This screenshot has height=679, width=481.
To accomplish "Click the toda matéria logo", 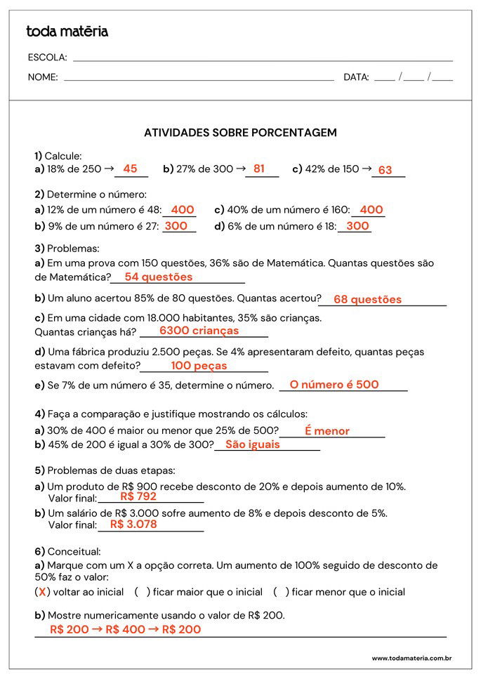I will [67, 32].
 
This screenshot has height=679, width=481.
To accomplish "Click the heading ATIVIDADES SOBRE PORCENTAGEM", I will [240, 132].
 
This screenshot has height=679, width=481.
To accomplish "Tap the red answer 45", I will [130, 169].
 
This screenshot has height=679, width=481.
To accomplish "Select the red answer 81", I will [259, 169].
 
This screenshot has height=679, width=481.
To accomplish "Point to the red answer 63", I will [385, 170].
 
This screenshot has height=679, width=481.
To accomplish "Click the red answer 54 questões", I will [158, 277].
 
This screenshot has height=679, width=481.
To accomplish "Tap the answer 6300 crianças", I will [199, 330].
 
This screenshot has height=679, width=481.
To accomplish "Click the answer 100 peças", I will [199, 366].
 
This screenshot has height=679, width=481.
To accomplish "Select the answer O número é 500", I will [334, 385].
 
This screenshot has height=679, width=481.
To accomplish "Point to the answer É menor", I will [327, 431].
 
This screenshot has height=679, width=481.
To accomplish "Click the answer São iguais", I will [252, 444].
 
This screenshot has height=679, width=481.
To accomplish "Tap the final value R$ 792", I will [138, 496].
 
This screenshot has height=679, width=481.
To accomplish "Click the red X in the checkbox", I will [42, 592].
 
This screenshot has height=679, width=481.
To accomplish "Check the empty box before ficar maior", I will [143, 592].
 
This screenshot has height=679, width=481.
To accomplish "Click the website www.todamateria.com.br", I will [411, 658].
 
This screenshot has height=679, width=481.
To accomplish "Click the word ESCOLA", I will [47, 58].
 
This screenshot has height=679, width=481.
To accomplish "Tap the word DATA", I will [356, 77].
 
